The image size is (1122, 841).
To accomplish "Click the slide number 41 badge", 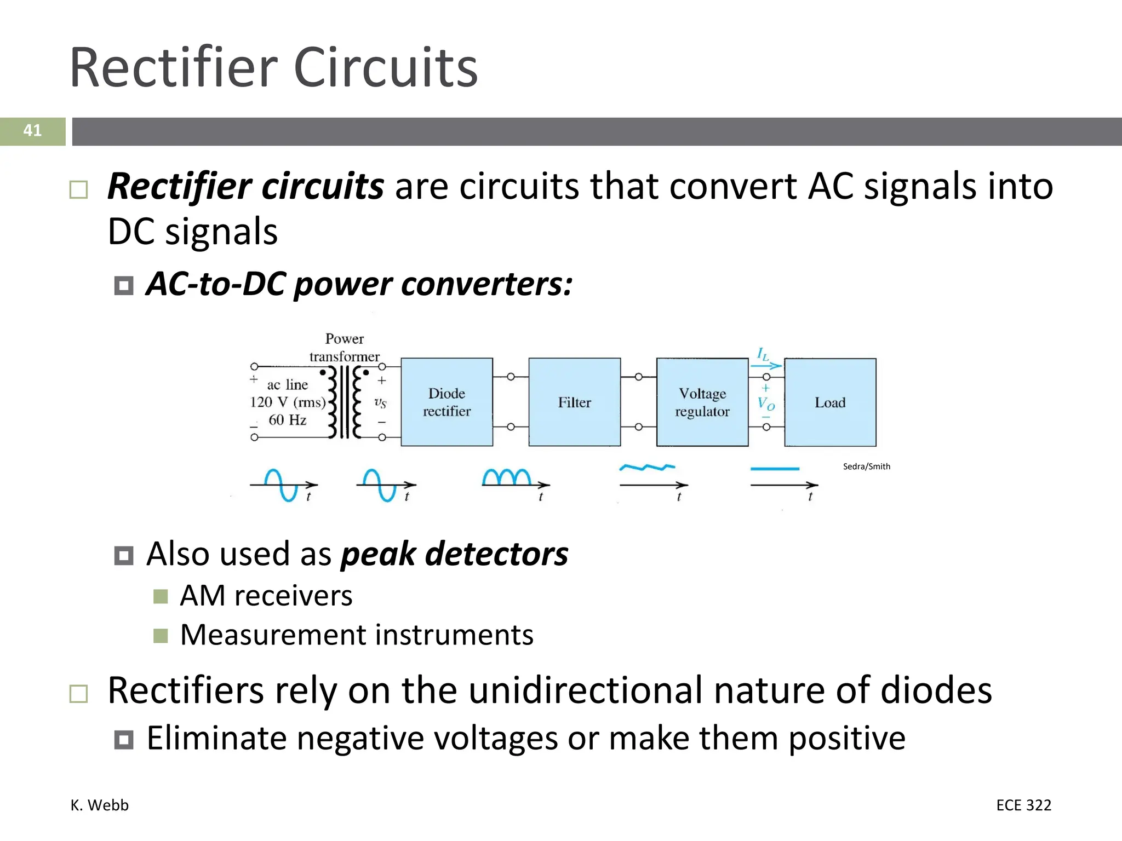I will (32, 131).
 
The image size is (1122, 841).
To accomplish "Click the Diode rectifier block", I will (446, 402).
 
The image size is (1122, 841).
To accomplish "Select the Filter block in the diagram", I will (574, 402).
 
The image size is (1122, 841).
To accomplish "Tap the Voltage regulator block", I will (702, 402).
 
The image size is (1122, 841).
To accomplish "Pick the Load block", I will (830, 402).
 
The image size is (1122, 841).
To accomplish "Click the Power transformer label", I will (344, 347).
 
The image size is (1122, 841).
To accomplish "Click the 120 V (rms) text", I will (288, 402).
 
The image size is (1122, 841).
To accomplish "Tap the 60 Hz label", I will (287, 420).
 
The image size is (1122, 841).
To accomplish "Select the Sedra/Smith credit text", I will (866, 466).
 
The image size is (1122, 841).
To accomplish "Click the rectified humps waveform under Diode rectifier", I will (507, 477).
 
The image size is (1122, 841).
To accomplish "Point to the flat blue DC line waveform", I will (775, 469).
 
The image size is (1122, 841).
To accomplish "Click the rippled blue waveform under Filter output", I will (647, 468).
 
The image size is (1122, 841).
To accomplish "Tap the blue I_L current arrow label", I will (764, 355).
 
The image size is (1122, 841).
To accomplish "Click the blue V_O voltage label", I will (766, 404).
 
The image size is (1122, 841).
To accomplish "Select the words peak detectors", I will (454, 554).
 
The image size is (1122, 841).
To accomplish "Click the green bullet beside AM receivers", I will (161, 596).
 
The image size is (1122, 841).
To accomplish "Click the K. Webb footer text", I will (99, 805).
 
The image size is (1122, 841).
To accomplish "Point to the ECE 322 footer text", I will (1023, 805).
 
